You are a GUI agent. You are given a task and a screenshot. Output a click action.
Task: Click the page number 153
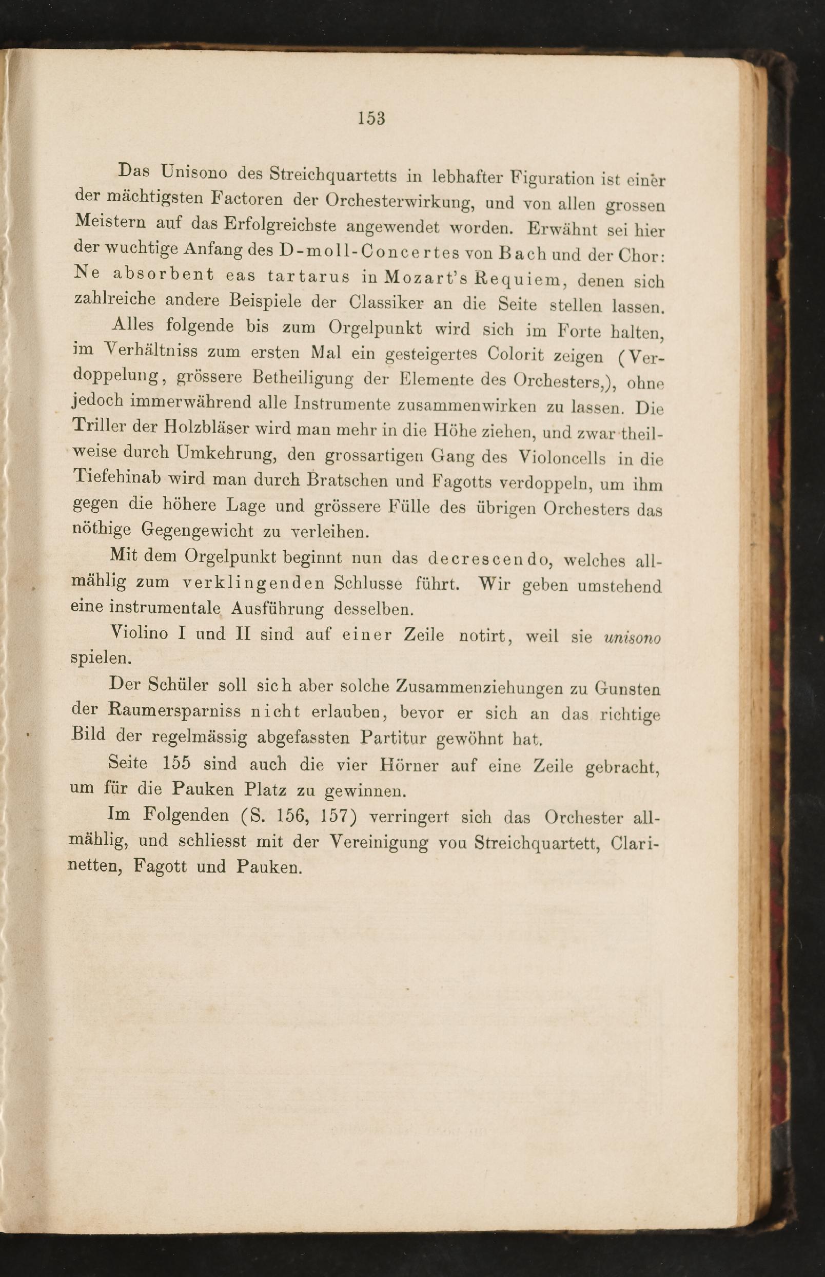coord(371,118)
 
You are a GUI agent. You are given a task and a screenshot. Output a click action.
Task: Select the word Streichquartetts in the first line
coord(332,175)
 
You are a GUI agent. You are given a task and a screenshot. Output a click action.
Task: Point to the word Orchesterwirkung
coord(399,201)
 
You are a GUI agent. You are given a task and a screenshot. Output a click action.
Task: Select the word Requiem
coord(517,279)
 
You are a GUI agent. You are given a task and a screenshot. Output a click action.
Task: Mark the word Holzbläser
coord(207,428)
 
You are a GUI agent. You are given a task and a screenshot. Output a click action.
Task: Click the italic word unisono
coord(632,637)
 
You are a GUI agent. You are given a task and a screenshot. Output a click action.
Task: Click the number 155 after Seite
coord(175,763)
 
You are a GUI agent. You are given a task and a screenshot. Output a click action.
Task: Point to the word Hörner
coord(409,765)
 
